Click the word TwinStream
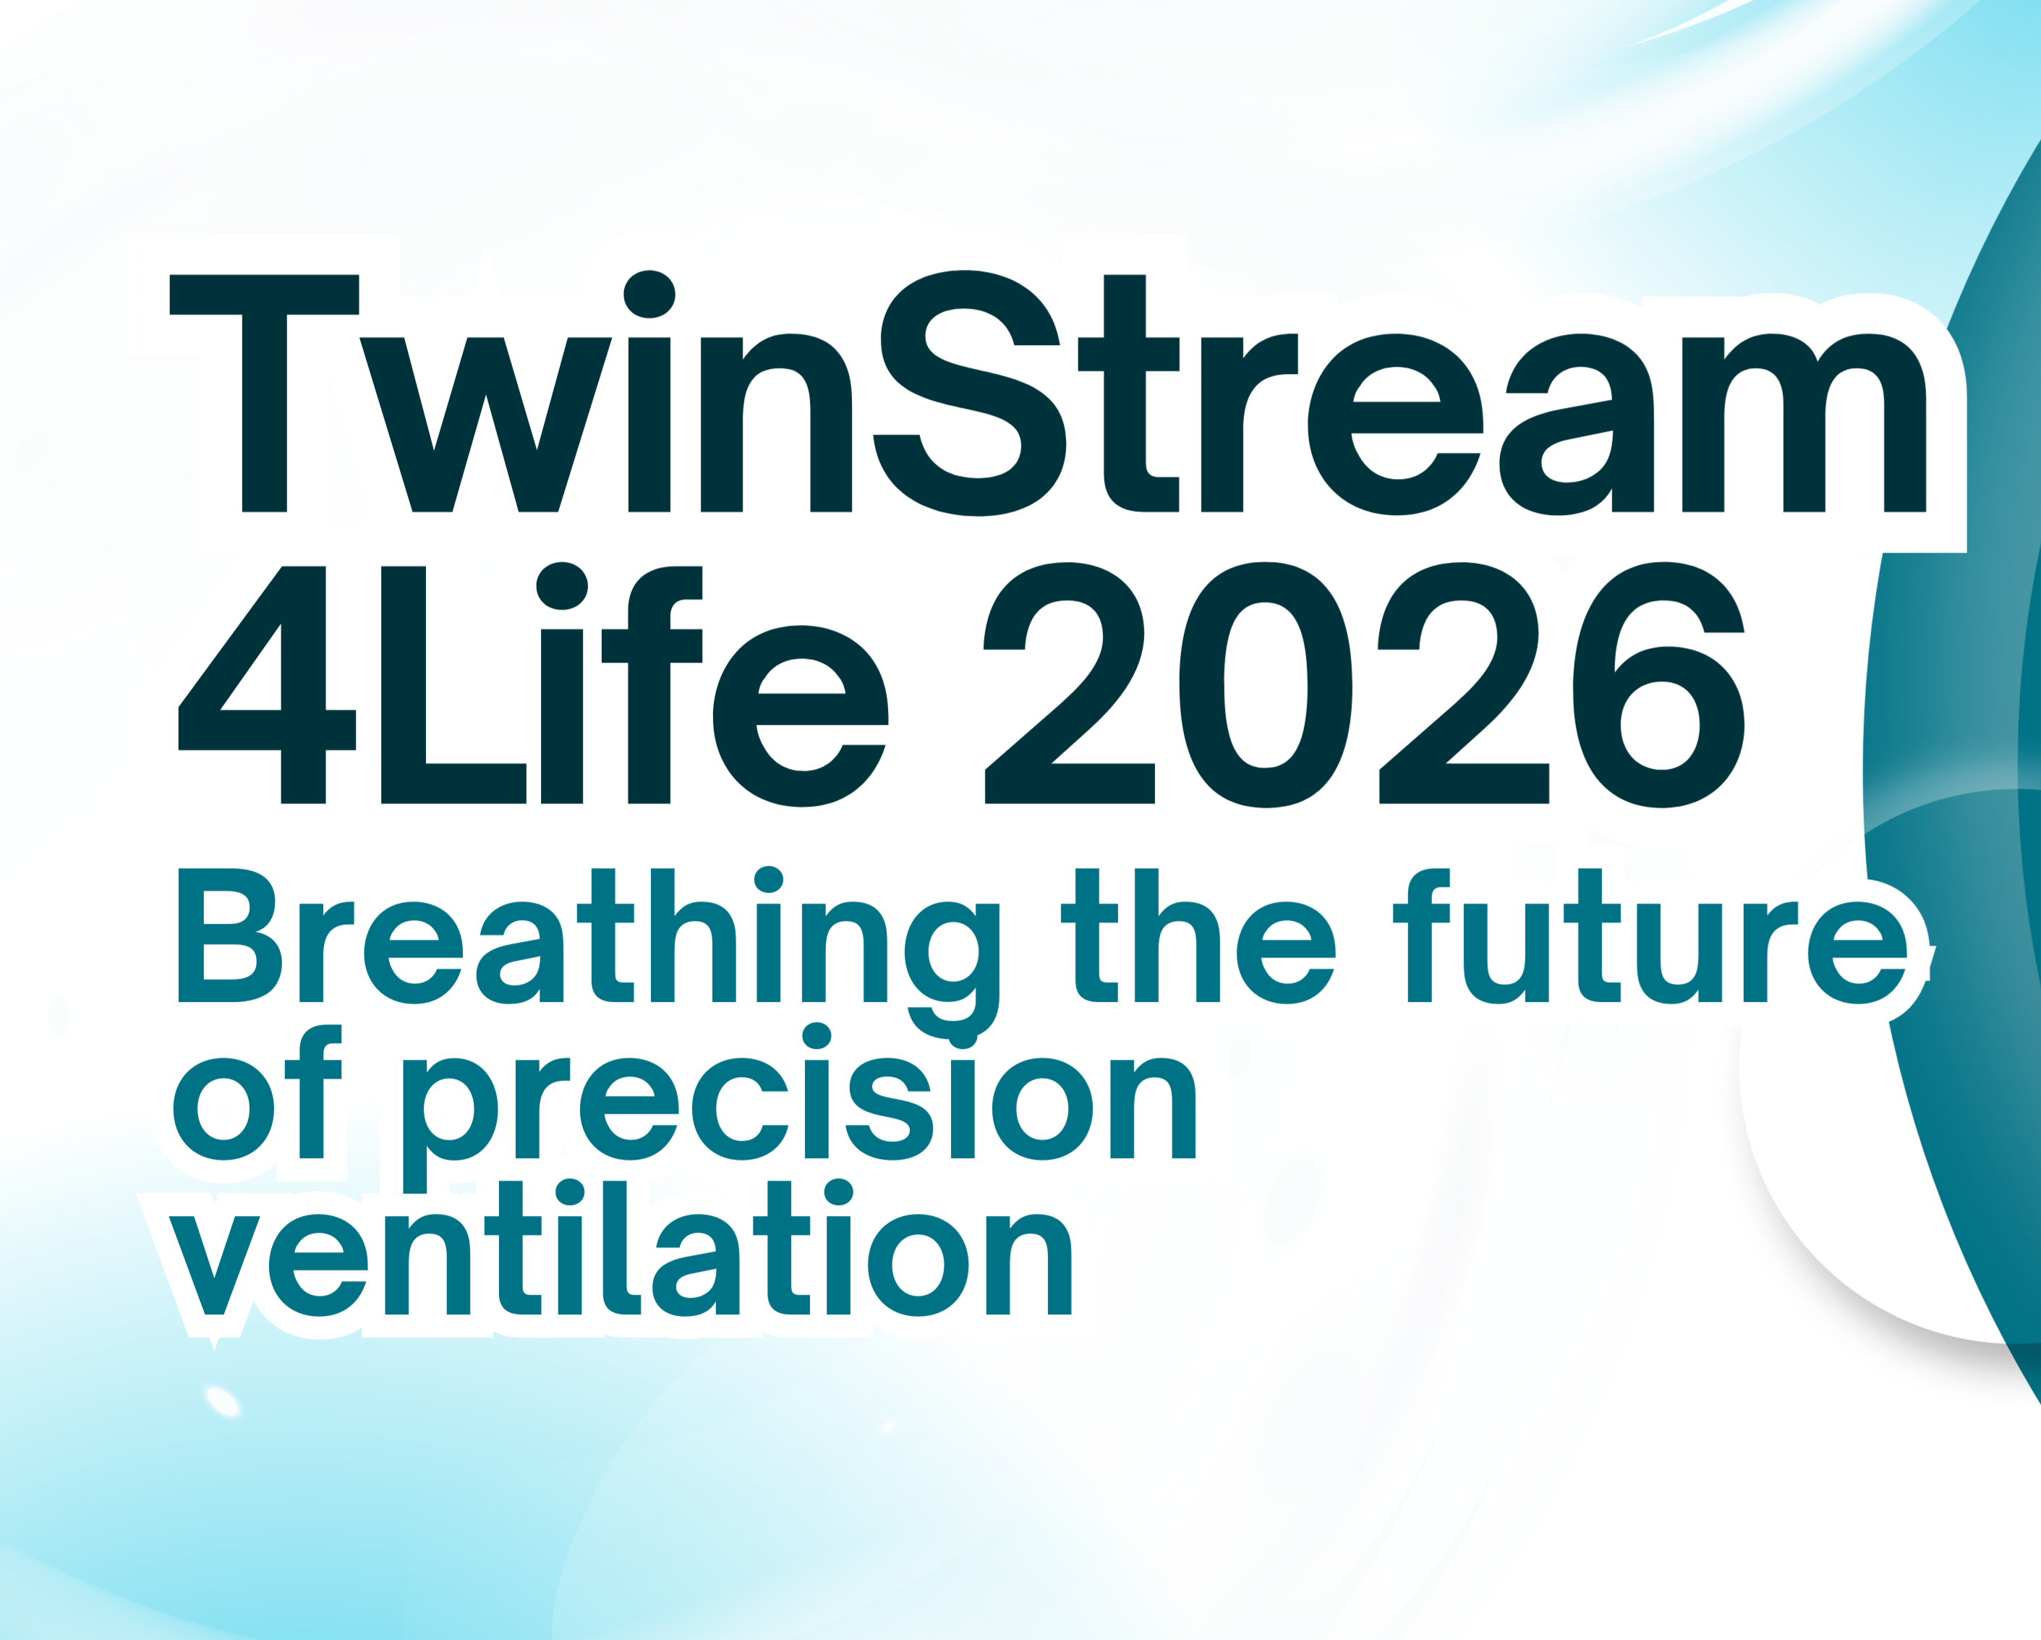pyautogui.click(x=1048, y=393)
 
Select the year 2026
pyautogui.click(x=1364, y=684)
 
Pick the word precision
pyautogui.click(x=799, y=1106)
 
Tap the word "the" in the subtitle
pyautogui.click(x=1198, y=935)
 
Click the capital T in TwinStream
pyautogui.click(x=264, y=393)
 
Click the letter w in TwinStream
pyautogui.click(x=485, y=424)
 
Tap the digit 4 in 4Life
pyautogui.click(x=267, y=684)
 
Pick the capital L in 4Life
pyautogui.click(x=453, y=684)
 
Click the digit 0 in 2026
pyautogui.click(x=1266, y=684)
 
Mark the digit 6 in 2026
pyautogui.click(x=1658, y=684)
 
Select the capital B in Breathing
pyautogui.click(x=230, y=935)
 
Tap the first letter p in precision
pyautogui.click(x=450, y=1125)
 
